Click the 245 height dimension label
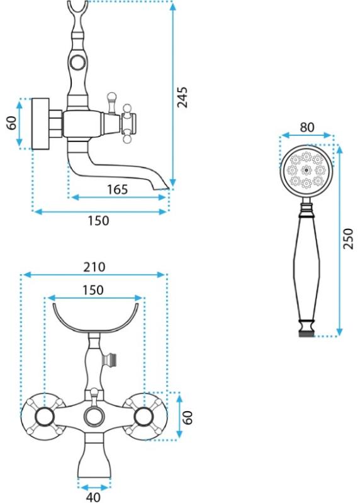click(182, 97)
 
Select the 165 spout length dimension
click(117, 189)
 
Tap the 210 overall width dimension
click(94, 267)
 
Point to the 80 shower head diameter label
click(307, 128)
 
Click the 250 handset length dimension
click(348, 239)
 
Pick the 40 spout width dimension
click(93, 497)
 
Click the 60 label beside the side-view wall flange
click(12, 123)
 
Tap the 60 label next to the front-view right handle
click(188, 417)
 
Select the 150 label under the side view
click(98, 221)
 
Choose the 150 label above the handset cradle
click(93, 290)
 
